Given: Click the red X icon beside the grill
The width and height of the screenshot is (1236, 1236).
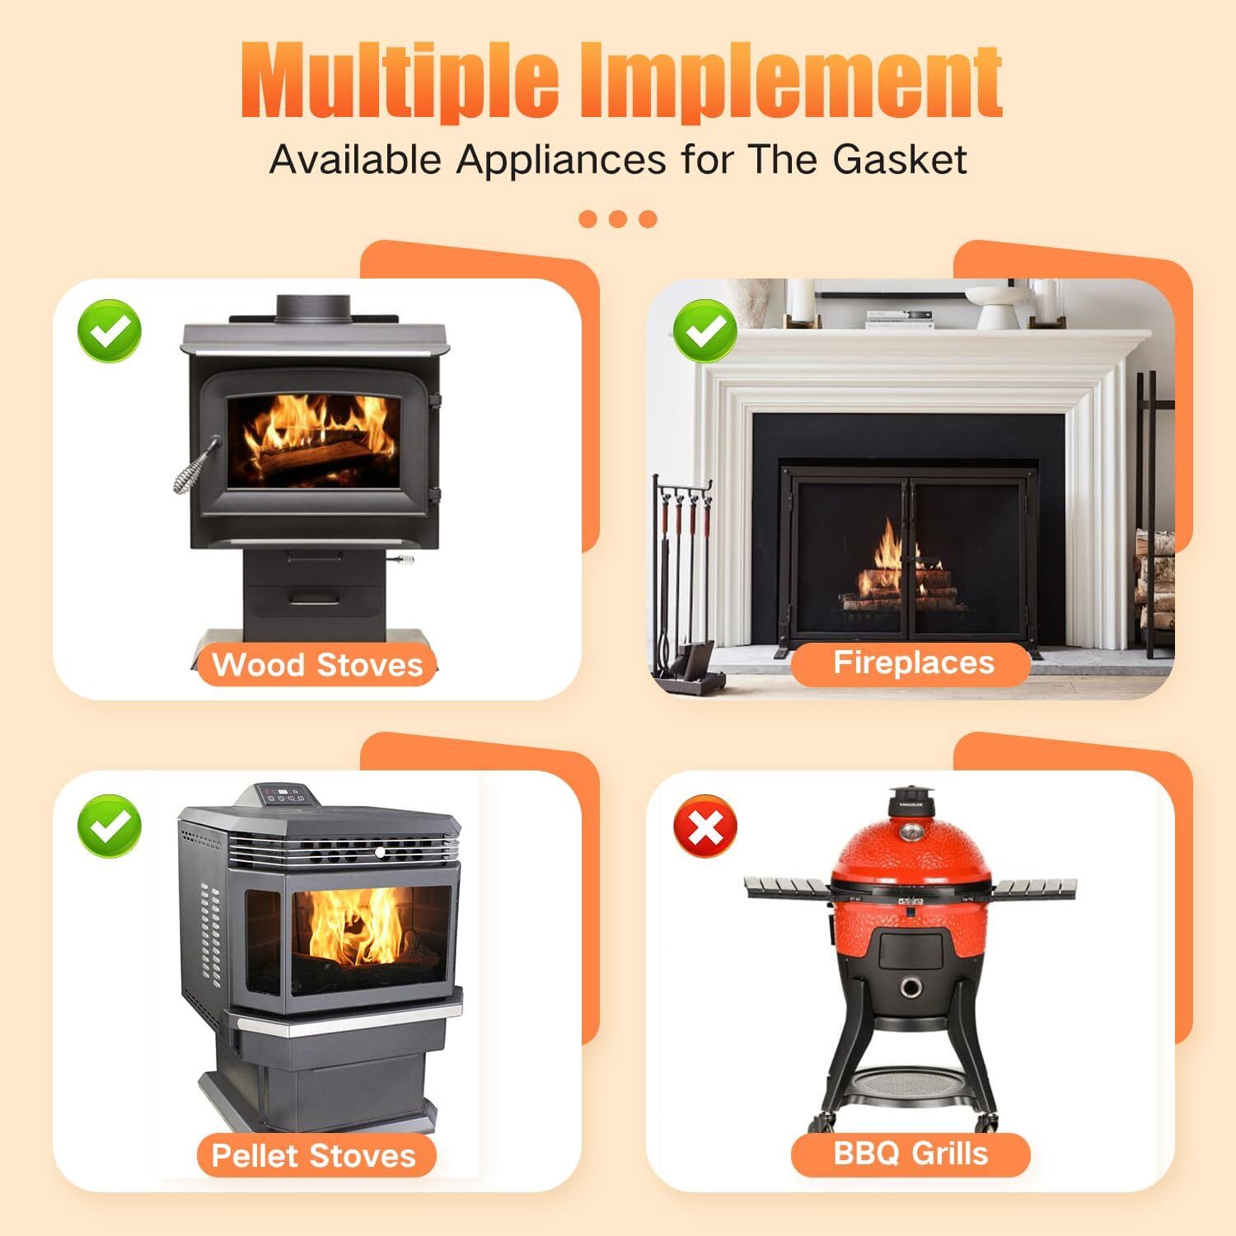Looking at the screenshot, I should [705, 826].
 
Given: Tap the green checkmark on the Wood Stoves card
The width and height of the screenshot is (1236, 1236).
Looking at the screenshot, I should [110, 331].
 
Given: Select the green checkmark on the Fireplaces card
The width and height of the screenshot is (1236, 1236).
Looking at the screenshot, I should [705, 331].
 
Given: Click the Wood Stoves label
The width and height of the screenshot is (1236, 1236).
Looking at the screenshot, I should [317, 665].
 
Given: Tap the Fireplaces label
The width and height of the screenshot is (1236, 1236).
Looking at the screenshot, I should [913, 662].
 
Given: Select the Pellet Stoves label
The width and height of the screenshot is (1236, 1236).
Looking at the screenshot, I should [314, 1155].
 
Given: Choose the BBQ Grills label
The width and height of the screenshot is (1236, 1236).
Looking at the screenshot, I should [911, 1153].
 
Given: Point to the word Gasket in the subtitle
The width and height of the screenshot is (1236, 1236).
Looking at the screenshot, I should [900, 159].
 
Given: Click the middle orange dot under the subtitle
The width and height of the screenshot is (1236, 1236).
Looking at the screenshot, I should [618, 219].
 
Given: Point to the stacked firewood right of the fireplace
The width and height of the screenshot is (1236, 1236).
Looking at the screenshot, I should [1154, 577].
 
